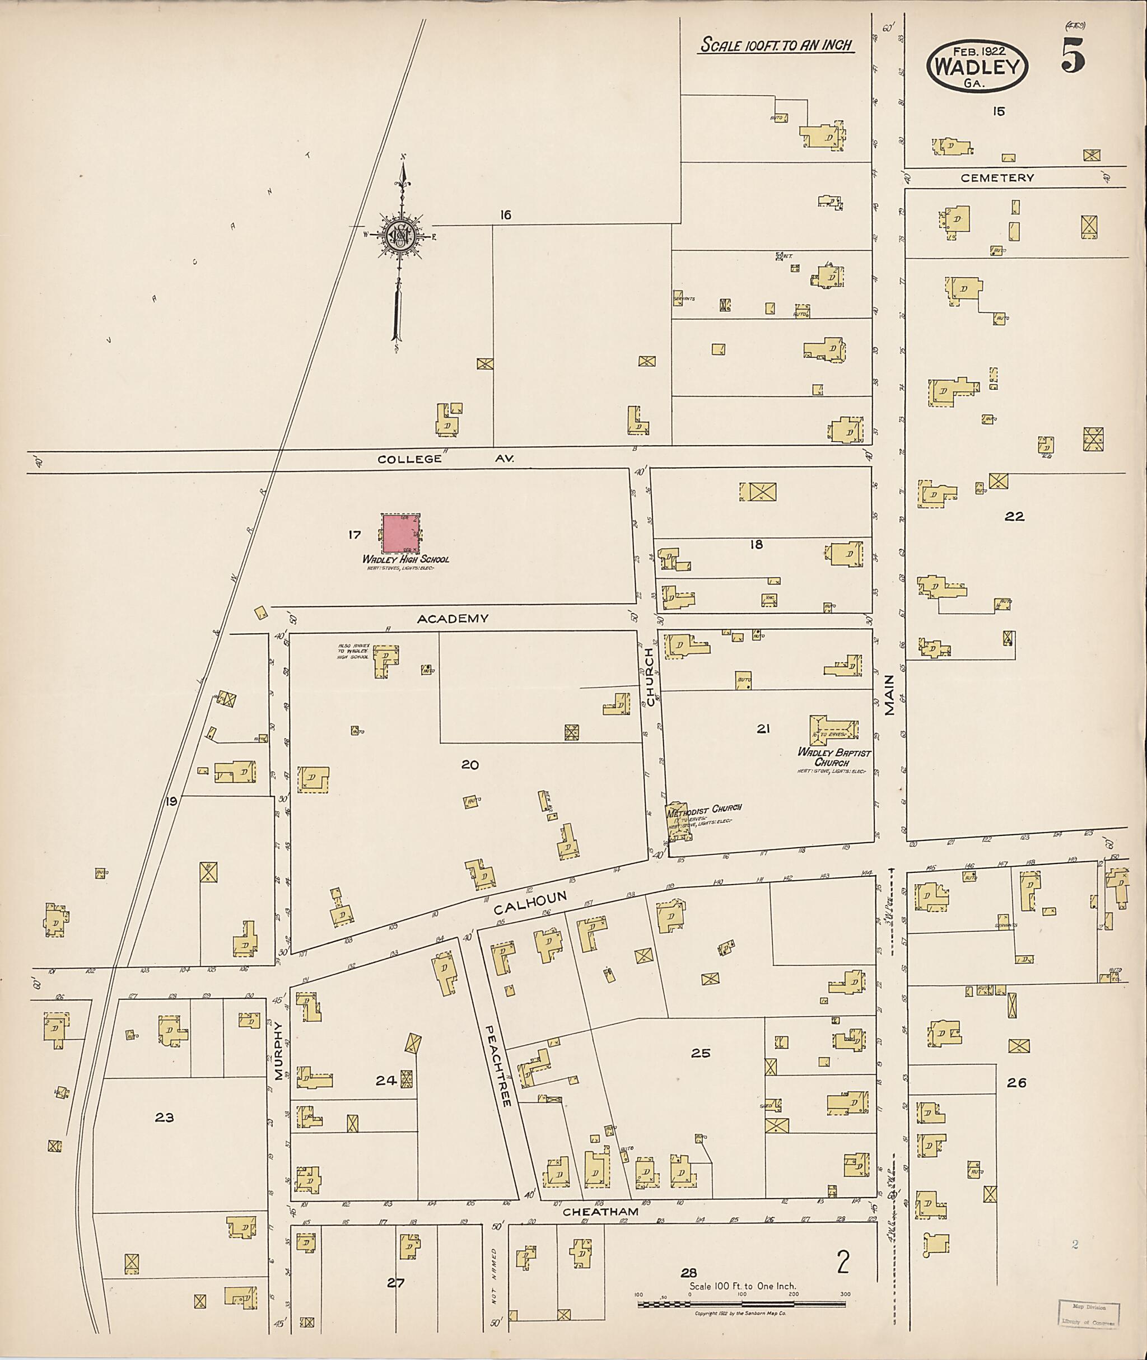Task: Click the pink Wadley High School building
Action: click(x=400, y=533)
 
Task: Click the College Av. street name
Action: click(x=445, y=459)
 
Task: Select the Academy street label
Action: click(x=453, y=618)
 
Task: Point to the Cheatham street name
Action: click(x=600, y=1212)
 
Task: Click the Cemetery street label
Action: click(x=997, y=177)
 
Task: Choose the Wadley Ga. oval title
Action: click(x=977, y=66)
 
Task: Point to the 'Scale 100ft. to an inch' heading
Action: click(x=776, y=45)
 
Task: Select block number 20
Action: click(x=470, y=765)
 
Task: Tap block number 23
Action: click(x=165, y=1118)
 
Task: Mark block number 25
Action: click(x=700, y=1053)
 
